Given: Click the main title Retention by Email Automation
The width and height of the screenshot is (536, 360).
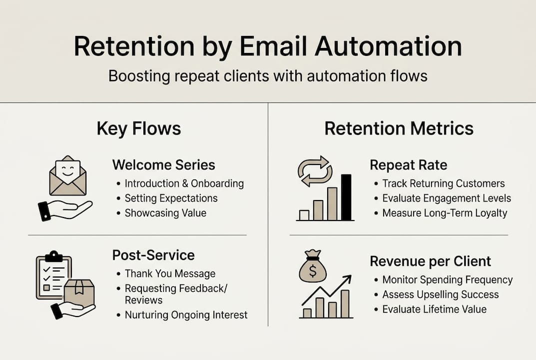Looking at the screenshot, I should (268, 47).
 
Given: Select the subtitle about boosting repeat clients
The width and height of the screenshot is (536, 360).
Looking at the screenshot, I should (268, 76).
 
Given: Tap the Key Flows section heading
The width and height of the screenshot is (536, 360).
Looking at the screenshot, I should (138, 128).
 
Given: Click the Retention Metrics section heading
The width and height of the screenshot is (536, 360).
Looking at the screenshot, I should (399, 128).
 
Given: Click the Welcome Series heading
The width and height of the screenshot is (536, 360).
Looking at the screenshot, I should (163, 165).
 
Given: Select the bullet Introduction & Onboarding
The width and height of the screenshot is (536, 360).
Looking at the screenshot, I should (184, 183).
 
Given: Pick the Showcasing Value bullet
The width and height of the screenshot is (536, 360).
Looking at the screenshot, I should (165, 212).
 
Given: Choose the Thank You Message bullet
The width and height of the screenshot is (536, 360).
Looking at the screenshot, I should (170, 273).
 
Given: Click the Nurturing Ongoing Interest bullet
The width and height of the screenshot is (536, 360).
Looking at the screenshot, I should (186, 315).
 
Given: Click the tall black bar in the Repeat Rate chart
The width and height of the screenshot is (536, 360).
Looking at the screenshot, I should (346, 197).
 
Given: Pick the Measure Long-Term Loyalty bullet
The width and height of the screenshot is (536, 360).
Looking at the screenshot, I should (445, 213).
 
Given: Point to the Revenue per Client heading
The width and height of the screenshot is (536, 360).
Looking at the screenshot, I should (430, 261).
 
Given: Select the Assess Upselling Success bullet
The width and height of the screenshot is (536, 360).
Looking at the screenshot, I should (440, 294).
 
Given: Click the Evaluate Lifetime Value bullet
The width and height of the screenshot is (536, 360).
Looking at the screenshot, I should (434, 309).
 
